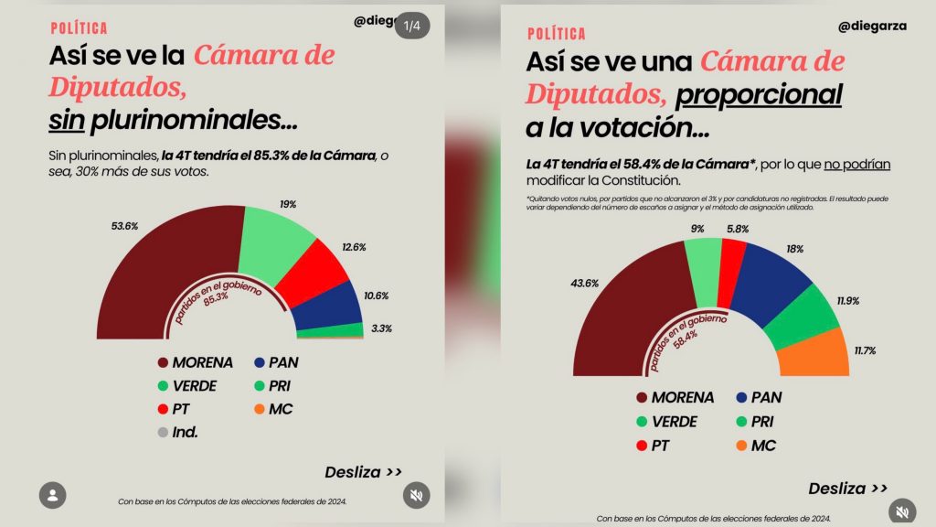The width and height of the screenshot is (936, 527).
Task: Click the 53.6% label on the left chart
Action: coord(125,226)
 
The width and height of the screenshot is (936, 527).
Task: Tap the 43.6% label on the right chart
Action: coord(584,283)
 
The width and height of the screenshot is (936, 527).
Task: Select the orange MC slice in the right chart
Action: coord(814,353)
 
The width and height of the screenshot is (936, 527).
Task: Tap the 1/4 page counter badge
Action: coord(413,27)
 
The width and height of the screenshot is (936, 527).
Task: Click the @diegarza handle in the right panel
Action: coord(872,27)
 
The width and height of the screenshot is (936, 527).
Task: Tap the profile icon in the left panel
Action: coord(53,495)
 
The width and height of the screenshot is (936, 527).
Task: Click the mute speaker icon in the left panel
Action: coord(416,495)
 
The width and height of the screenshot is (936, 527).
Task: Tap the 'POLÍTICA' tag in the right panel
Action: coord(557,34)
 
